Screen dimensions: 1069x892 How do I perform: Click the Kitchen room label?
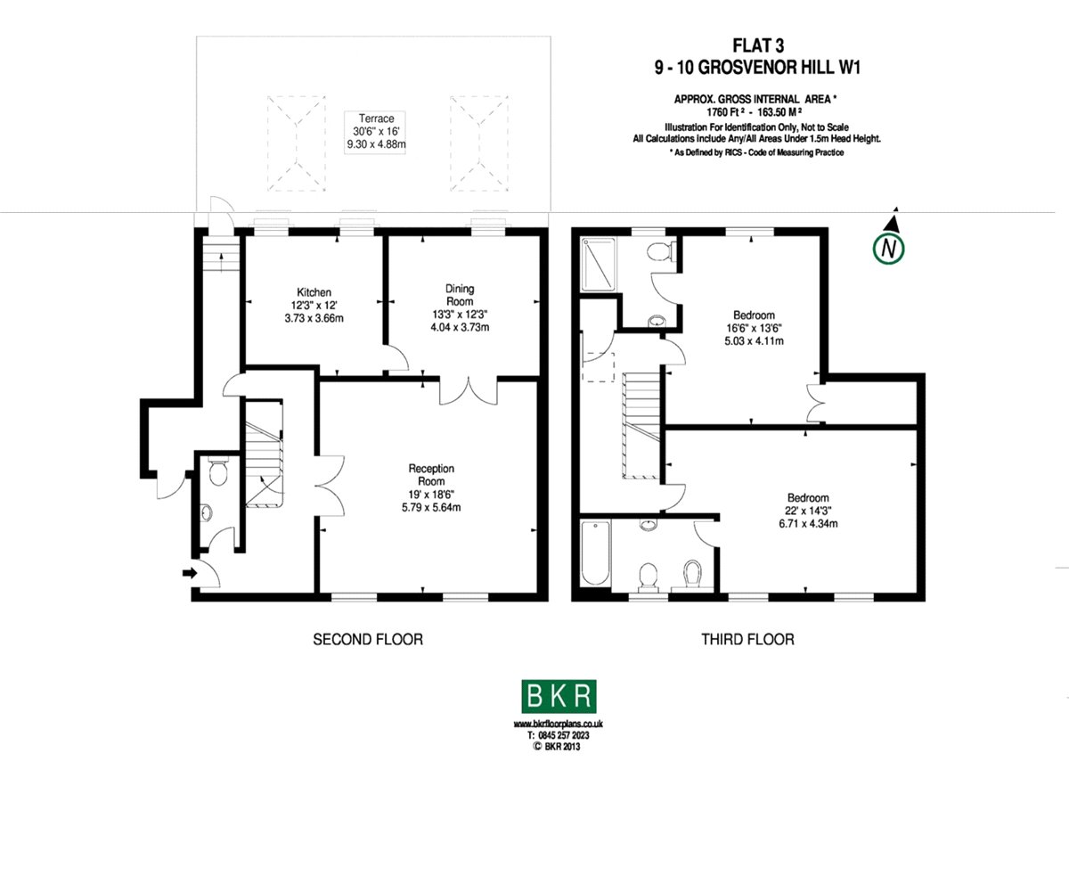[314, 292]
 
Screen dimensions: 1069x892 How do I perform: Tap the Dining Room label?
[460, 295]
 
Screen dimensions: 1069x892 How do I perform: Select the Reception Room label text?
[431, 475]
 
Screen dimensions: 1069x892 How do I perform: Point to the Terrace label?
[376, 119]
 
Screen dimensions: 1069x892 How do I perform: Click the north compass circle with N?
[888, 249]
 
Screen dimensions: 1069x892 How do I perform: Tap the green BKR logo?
[559, 696]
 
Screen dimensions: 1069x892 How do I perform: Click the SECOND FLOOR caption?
[368, 640]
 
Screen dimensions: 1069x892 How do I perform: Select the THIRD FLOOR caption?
[747, 640]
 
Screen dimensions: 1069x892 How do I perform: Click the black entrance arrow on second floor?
[190, 572]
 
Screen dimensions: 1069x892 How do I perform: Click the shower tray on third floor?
[598, 265]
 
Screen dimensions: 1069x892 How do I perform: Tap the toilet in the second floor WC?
[218, 471]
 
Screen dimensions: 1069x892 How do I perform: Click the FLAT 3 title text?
[758, 46]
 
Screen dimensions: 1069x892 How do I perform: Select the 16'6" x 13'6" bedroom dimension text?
[754, 328]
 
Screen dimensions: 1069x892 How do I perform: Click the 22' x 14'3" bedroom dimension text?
[808, 511]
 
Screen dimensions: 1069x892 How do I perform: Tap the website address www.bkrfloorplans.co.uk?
[558, 724]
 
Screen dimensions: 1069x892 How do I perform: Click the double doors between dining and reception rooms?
[469, 392]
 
